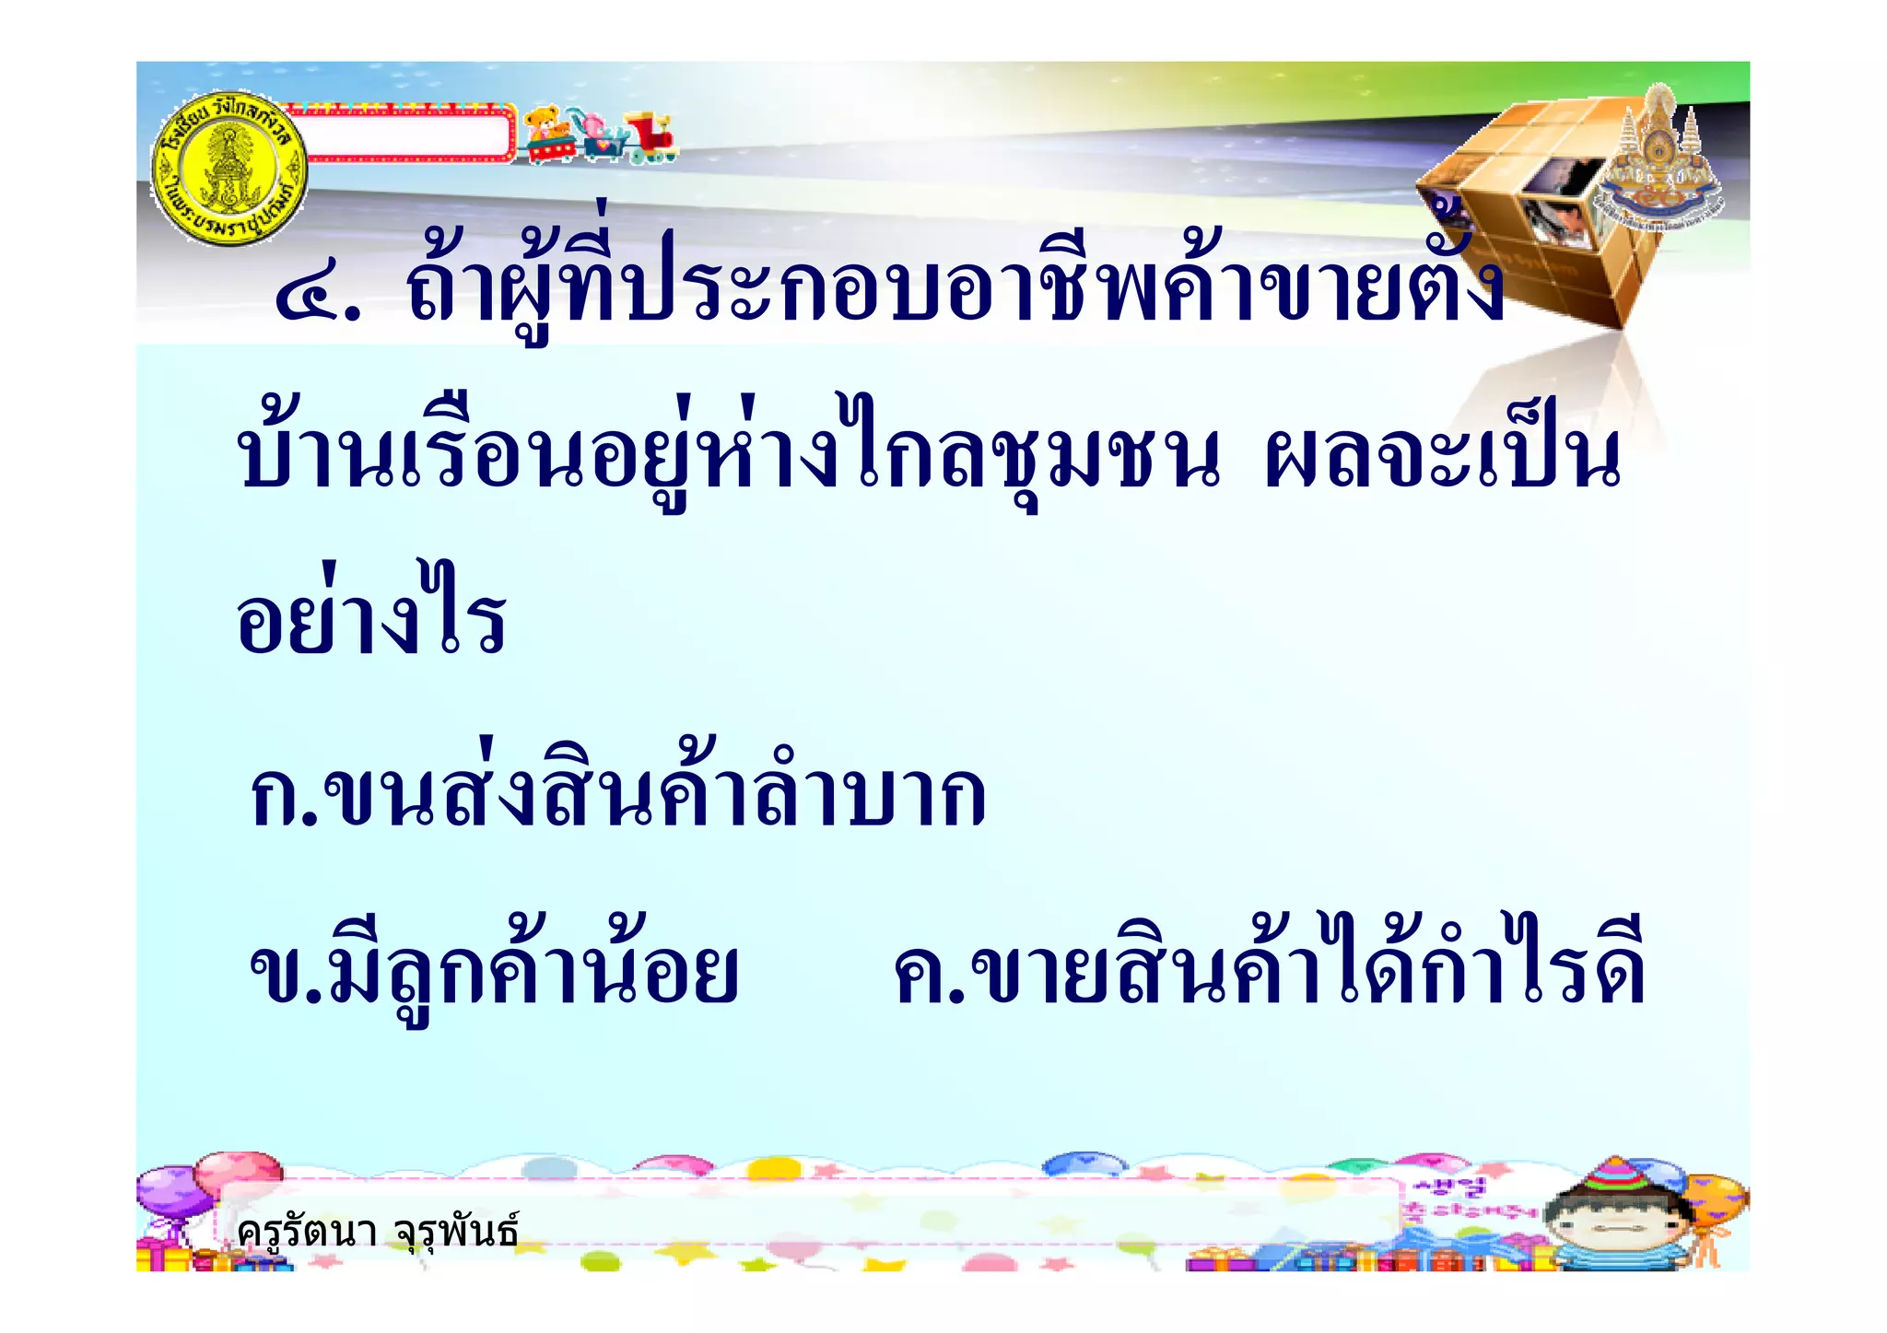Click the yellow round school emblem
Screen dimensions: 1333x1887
pos(229,170)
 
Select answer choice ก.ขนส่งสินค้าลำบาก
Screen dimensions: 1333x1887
pos(617,792)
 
